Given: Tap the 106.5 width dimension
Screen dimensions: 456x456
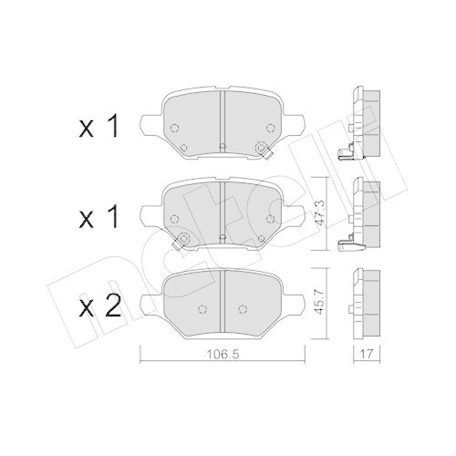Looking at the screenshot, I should [222, 356].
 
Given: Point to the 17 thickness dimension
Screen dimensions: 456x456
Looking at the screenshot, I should [367, 356].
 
